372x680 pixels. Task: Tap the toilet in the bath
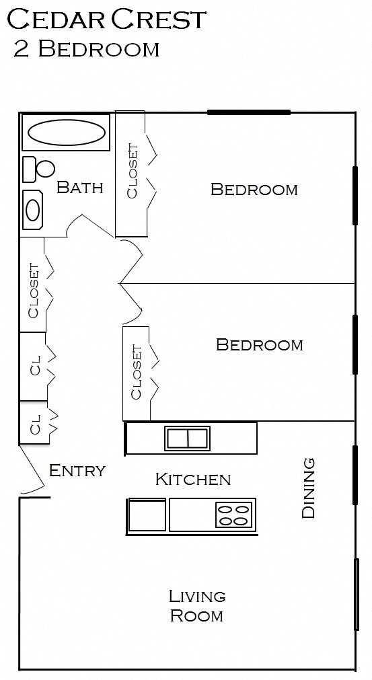coord(40,169)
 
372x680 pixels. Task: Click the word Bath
coord(80,187)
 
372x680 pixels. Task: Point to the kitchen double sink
coord(188,438)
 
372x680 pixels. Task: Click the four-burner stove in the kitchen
coord(234,515)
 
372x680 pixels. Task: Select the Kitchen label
coord(193,479)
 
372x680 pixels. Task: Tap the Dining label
coord(309,488)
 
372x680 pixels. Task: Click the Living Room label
coord(196,605)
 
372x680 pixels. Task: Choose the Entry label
coord(77,470)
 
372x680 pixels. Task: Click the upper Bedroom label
coord(254,189)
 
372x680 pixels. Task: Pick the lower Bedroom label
coord(260,345)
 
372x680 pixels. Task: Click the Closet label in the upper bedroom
coord(133,172)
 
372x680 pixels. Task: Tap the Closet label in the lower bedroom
coord(137,372)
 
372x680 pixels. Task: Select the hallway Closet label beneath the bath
coord(33,290)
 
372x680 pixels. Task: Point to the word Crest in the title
coord(159,20)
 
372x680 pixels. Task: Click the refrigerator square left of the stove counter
coord(147,516)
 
